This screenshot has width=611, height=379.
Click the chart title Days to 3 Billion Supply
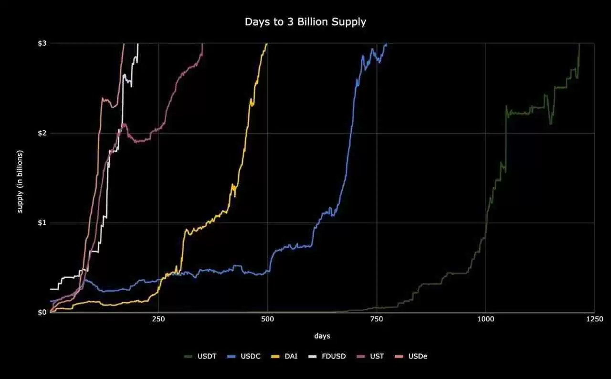point(305,22)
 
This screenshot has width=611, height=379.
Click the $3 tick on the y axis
point(42,43)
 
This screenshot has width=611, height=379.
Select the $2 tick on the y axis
point(42,133)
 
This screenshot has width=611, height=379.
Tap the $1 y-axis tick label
point(42,223)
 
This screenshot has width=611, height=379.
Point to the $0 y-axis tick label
point(42,313)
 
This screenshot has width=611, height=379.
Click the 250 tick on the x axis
point(158,319)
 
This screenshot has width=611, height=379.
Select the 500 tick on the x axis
point(268,319)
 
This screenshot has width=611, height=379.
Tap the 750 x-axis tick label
point(377,319)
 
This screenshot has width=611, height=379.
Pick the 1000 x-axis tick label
point(485,319)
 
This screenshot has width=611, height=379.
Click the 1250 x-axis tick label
point(594,319)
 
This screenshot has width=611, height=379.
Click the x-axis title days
point(322,336)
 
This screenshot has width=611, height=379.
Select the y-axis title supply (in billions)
point(21,181)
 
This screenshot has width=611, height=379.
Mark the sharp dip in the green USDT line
point(551,123)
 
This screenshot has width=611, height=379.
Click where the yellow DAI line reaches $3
point(267,44)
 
